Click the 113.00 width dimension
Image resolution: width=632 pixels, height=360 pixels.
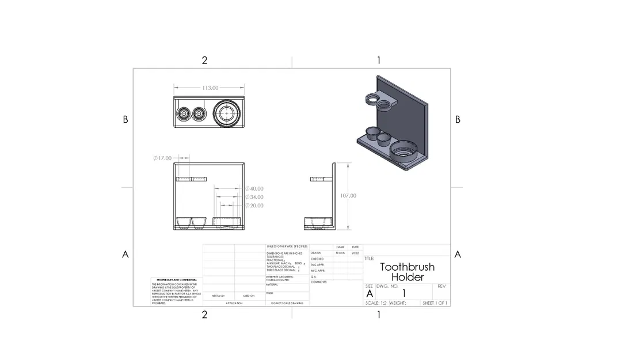click(x=210, y=88)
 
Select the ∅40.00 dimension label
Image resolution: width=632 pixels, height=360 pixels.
click(x=254, y=188)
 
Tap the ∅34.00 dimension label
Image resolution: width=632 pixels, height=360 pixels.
click(x=254, y=197)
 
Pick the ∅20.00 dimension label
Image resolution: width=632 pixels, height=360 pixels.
click(x=254, y=206)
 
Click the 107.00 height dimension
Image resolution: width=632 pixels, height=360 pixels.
click(x=348, y=196)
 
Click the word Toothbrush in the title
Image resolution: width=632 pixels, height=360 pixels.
click(x=407, y=267)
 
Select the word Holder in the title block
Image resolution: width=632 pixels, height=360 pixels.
click(x=407, y=277)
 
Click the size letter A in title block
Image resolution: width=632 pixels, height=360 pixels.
click(x=370, y=294)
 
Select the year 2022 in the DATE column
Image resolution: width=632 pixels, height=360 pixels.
click(x=355, y=253)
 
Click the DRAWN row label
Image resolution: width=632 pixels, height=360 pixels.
click(x=316, y=253)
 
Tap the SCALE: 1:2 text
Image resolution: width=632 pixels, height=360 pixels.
click(x=376, y=303)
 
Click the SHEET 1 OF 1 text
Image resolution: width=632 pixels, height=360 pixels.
click(x=435, y=303)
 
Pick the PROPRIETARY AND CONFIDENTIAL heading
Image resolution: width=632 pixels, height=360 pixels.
click(x=177, y=279)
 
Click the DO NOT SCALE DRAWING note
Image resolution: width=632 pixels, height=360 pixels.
click(x=287, y=303)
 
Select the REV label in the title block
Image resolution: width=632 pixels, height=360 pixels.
click(x=441, y=286)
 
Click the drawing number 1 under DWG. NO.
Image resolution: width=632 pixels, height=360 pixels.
click(x=403, y=294)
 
